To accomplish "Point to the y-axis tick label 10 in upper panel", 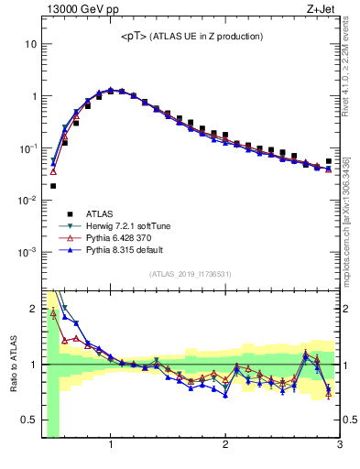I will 31,44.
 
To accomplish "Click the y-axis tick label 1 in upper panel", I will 34,96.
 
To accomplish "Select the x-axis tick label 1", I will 111,445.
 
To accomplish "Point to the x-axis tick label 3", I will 339,445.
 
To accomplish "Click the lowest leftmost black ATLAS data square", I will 53,186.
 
